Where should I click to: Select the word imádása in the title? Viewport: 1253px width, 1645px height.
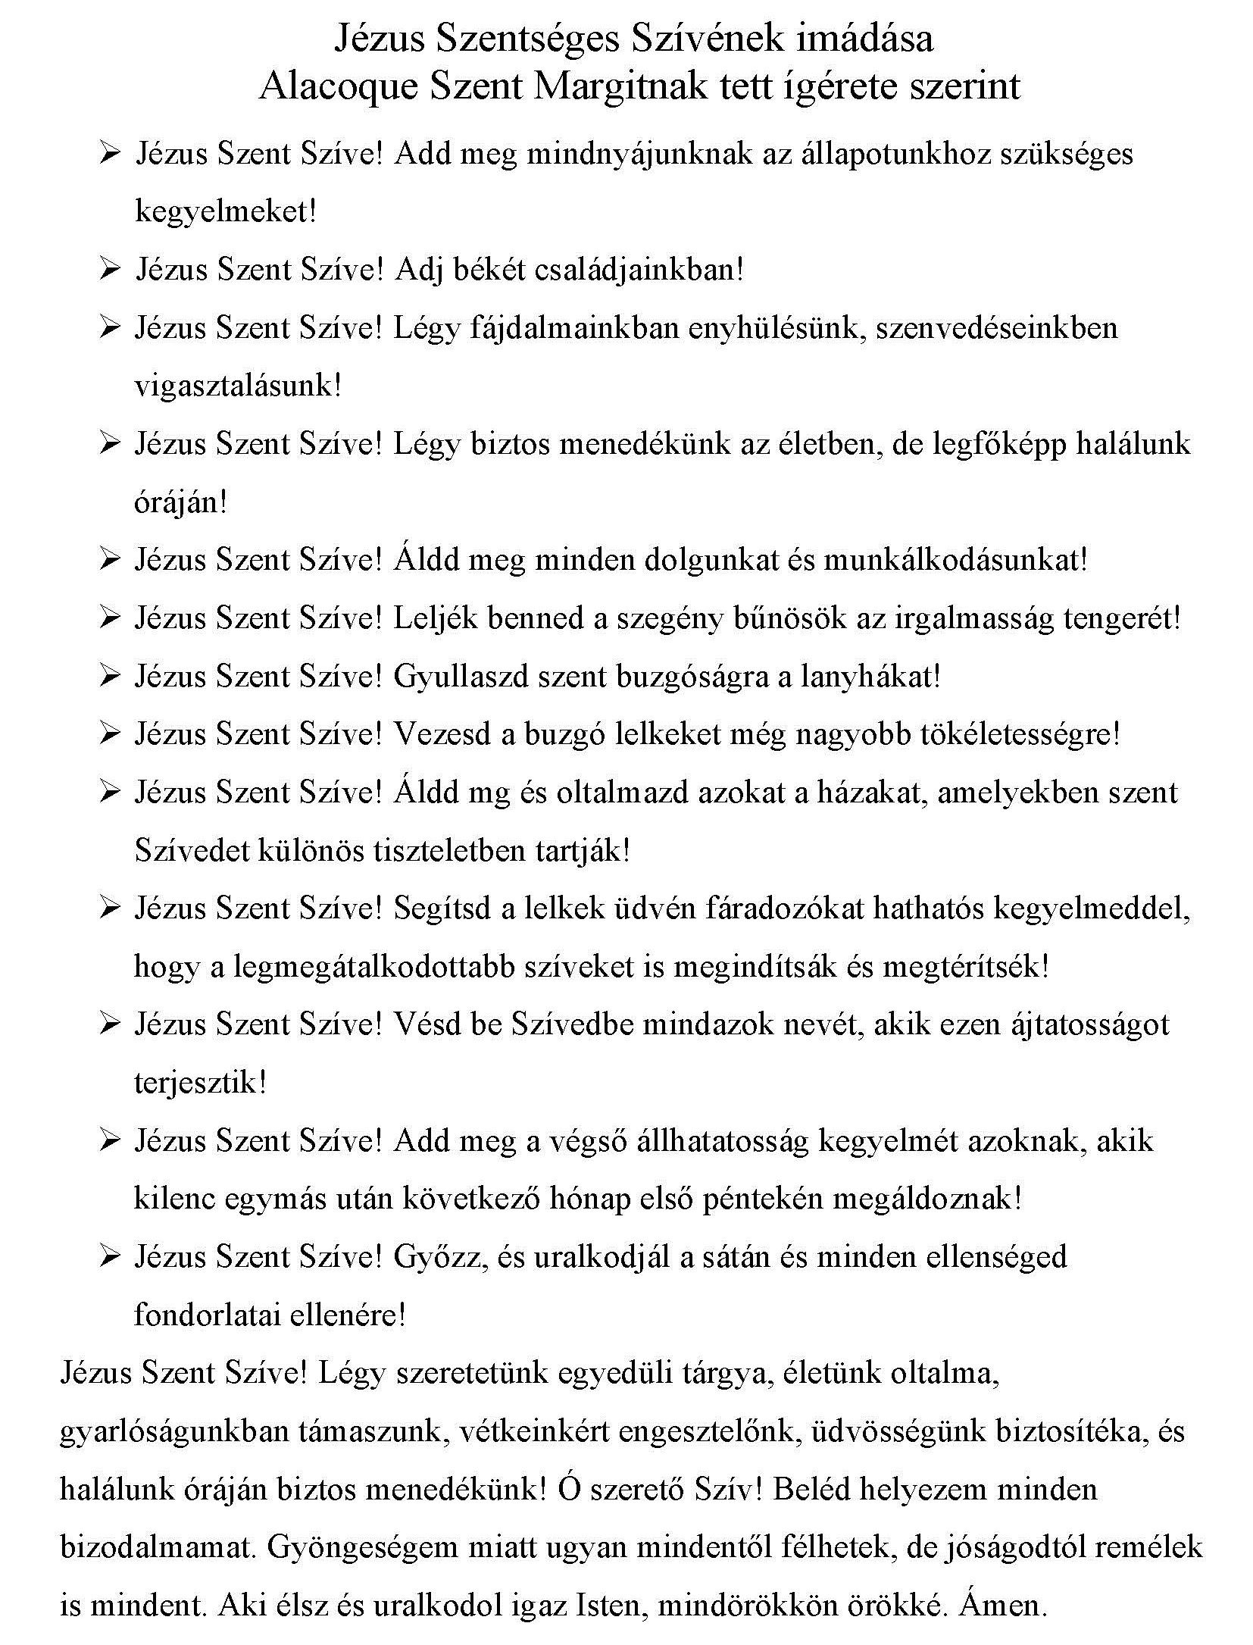[x=864, y=39]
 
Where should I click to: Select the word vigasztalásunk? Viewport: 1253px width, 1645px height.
[x=237, y=386]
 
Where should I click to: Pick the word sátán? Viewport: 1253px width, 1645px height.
[x=736, y=1257]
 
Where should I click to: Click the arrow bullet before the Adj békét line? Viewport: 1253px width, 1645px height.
[x=110, y=270]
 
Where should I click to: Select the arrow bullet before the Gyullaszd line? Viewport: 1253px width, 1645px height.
[x=110, y=676]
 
